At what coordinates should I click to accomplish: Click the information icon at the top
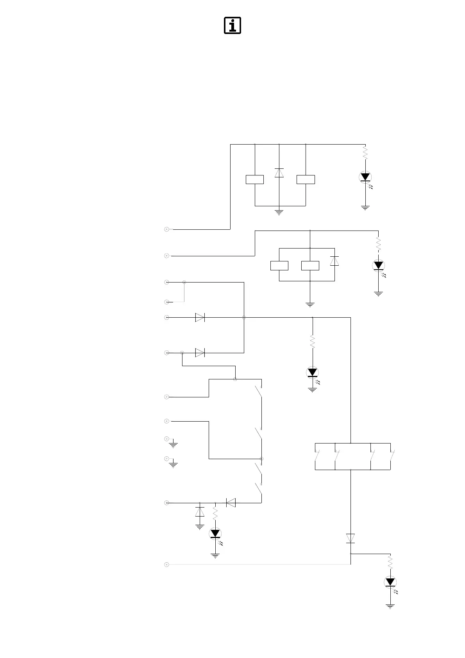232,25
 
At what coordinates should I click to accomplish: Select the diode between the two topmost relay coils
279,173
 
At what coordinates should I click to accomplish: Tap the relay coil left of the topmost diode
254,179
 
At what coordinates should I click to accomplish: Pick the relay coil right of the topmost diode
306,179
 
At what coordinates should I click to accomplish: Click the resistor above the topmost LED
365,153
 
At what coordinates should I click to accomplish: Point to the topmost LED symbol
365,177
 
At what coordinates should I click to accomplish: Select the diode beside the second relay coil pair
334,261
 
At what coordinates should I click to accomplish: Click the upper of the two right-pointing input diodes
200,318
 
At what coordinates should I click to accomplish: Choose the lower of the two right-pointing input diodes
200,353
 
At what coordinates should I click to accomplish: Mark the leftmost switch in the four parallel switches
317,456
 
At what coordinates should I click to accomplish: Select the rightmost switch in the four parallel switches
392,456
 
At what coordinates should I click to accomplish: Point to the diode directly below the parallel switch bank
351,538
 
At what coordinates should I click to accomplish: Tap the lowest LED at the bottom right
390,582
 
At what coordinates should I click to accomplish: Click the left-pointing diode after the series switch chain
231,503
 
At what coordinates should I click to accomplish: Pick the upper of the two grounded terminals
166,439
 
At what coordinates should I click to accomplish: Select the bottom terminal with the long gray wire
166,565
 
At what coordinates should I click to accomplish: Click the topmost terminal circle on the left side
166,229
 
